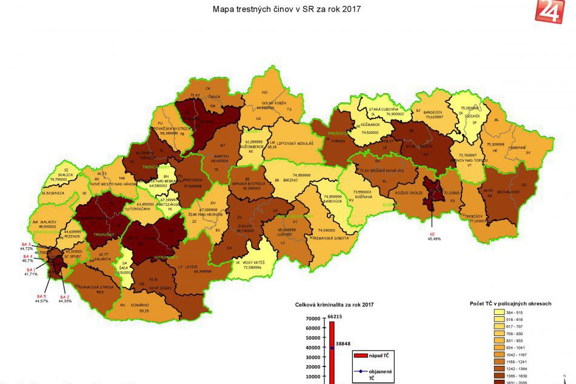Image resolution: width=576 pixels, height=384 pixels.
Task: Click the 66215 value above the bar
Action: click(335, 316)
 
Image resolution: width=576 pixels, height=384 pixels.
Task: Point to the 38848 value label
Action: click(343, 342)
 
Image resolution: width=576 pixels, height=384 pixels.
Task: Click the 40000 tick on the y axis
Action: click(312, 348)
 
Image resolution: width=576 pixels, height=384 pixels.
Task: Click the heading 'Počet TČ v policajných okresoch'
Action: click(510, 303)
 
